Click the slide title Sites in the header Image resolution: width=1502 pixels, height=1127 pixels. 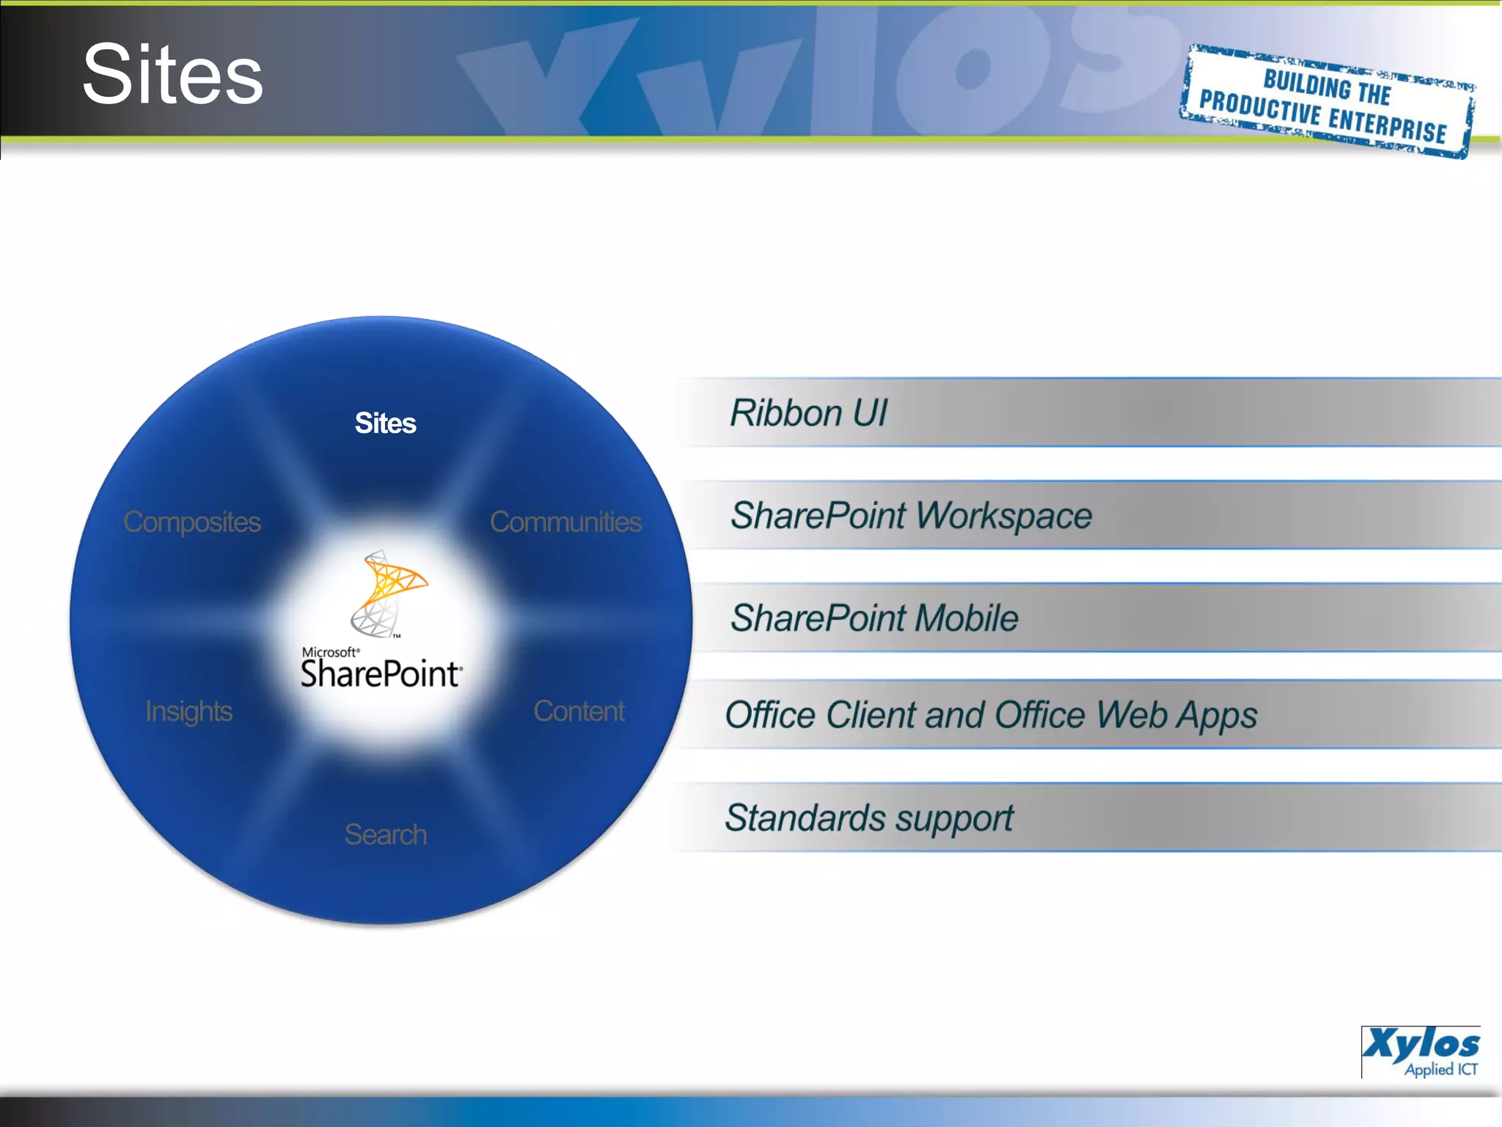[x=173, y=75]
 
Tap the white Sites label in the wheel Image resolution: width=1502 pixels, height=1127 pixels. [x=385, y=423]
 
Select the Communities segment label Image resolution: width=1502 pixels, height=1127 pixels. [x=565, y=522]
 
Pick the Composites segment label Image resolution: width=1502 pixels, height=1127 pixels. [x=192, y=522]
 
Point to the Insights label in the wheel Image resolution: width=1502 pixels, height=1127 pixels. [x=188, y=711]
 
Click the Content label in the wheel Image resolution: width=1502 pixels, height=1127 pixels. [x=579, y=711]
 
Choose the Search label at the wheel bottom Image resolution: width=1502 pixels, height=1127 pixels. [x=385, y=834]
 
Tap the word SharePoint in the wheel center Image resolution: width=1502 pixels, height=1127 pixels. [x=381, y=674]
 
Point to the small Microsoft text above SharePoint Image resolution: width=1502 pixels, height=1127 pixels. [x=330, y=652]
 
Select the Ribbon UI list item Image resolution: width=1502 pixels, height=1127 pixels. [x=808, y=413]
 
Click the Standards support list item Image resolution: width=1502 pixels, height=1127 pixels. [x=869, y=818]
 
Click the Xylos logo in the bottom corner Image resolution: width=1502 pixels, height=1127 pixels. [x=1421, y=1043]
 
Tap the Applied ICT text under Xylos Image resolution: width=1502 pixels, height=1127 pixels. [x=1440, y=1069]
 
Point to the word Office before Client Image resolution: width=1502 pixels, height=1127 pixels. [x=770, y=715]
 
